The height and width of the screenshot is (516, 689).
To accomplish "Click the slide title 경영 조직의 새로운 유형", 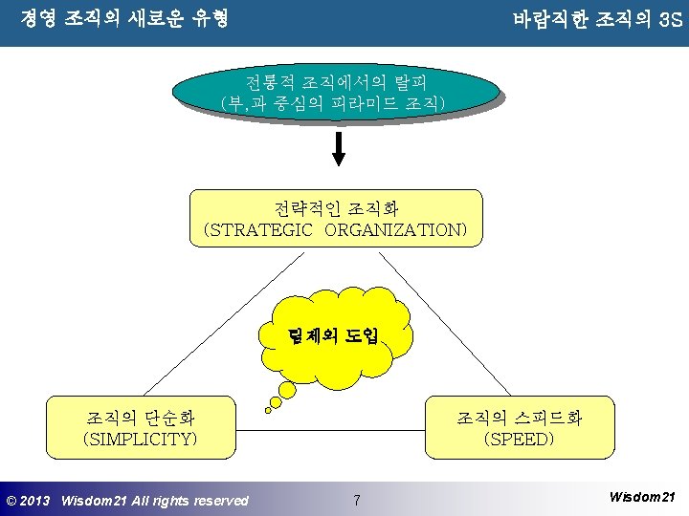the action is pyautogui.click(x=124, y=18).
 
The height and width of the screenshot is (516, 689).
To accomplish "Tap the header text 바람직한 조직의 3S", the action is pyautogui.click(x=596, y=18).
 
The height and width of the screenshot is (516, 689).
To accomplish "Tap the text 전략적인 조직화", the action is pyautogui.click(x=336, y=208).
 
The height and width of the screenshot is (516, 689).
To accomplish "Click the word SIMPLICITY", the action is pyautogui.click(x=141, y=439).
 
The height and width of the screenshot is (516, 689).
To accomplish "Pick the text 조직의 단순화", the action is pyautogui.click(x=141, y=418).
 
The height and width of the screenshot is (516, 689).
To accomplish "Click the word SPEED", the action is pyautogui.click(x=519, y=439).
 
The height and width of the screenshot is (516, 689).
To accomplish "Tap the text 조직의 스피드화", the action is pyautogui.click(x=519, y=418).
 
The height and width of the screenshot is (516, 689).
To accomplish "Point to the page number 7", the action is pyautogui.click(x=356, y=500).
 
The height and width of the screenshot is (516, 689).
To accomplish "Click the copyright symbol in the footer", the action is pyautogui.click(x=11, y=501).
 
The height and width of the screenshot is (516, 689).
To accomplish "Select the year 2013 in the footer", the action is pyautogui.click(x=36, y=501).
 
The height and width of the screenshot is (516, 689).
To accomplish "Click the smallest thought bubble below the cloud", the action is pyautogui.click(x=269, y=411).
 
